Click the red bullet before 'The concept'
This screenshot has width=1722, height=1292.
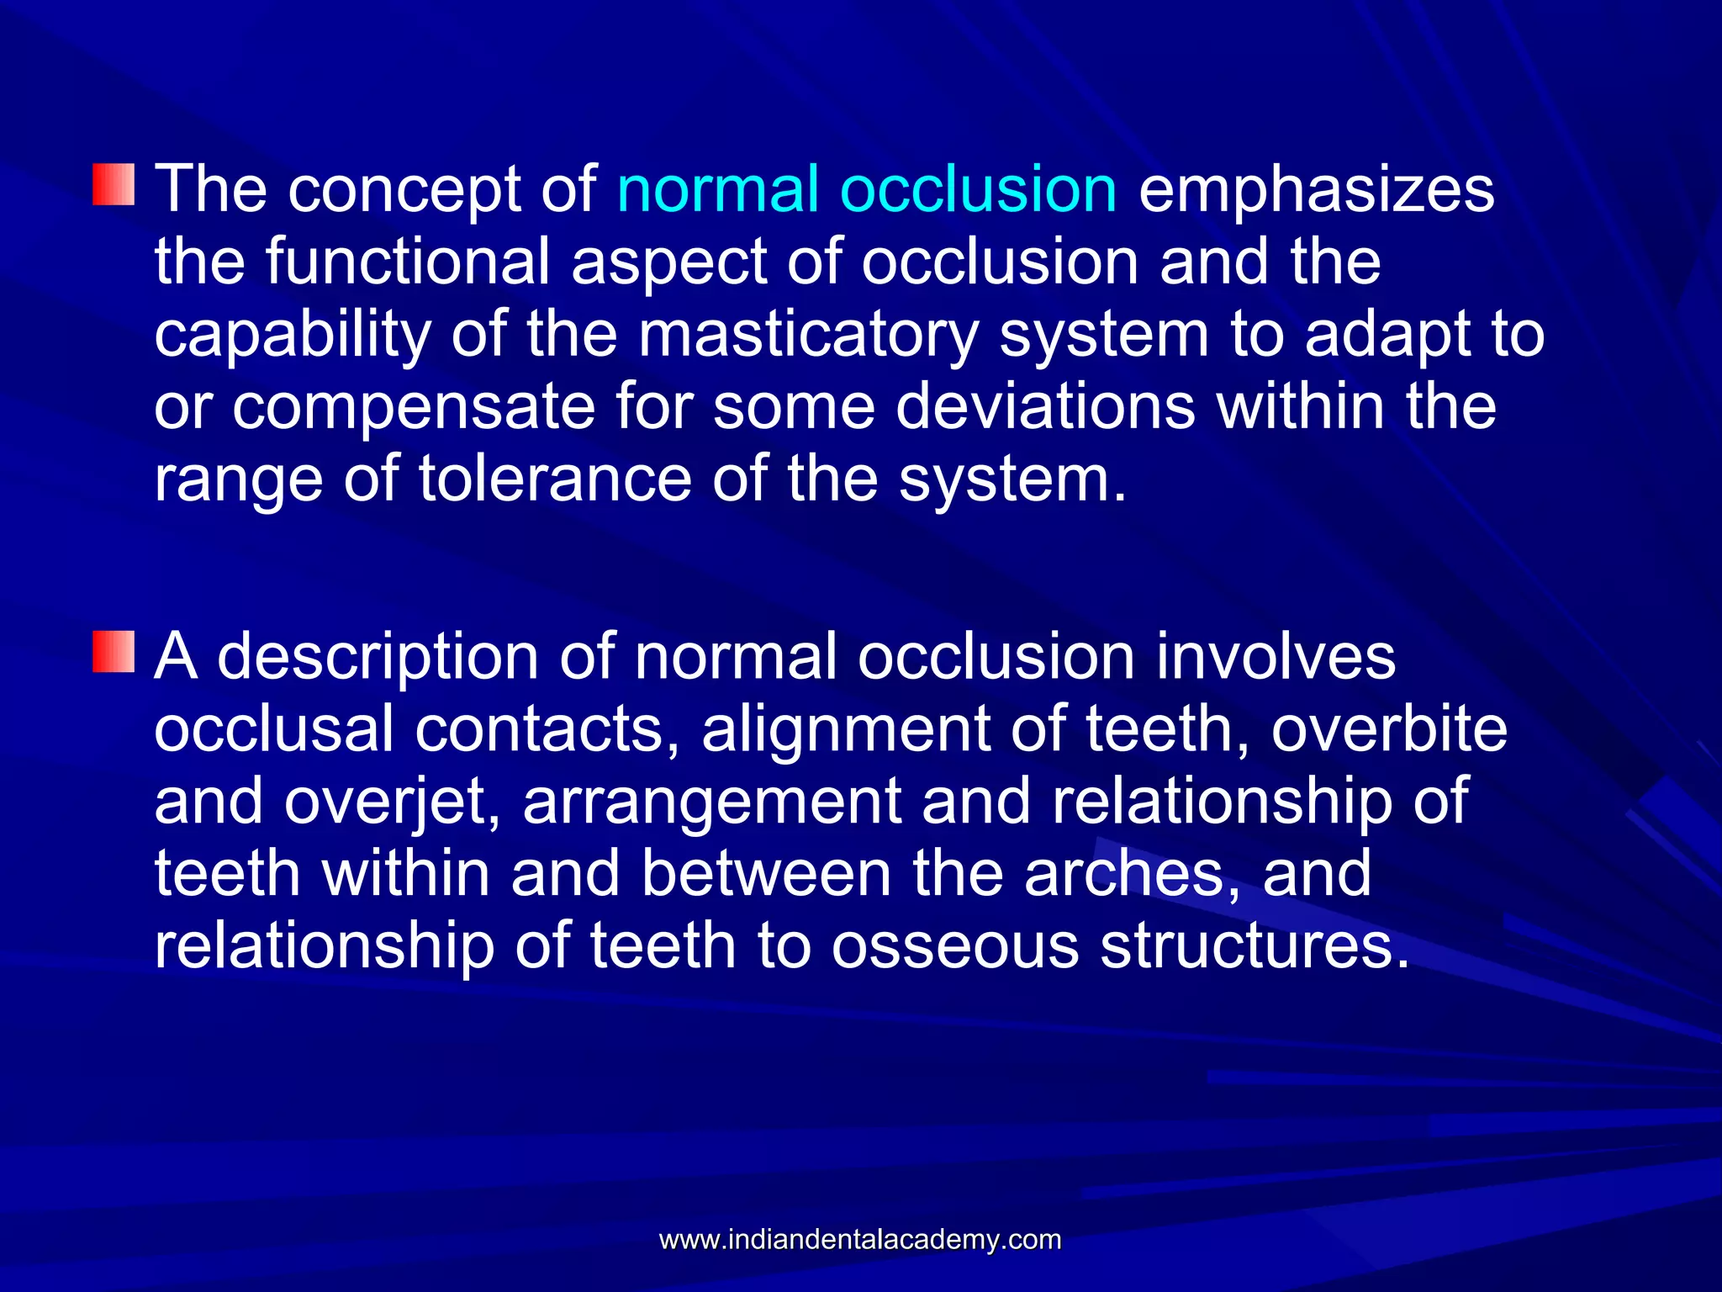pyautogui.click(x=114, y=185)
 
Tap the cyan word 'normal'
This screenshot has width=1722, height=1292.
pyautogui.click(x=717, y=188)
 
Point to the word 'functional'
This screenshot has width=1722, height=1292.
pyautogui.click(x=408, y=261)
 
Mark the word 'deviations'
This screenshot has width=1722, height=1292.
pyautogui.click(x=1045, y=406)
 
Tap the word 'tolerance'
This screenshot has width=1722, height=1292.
pyautogui.click(x=555, y=479)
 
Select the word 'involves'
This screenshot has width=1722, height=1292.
pyautogui.click(x=1276, y=656)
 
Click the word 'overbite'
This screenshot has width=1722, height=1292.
pyautogui.click(x=1389, y=728)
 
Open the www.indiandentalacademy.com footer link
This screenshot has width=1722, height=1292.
pyautogui.click(x=860, y=1240)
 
